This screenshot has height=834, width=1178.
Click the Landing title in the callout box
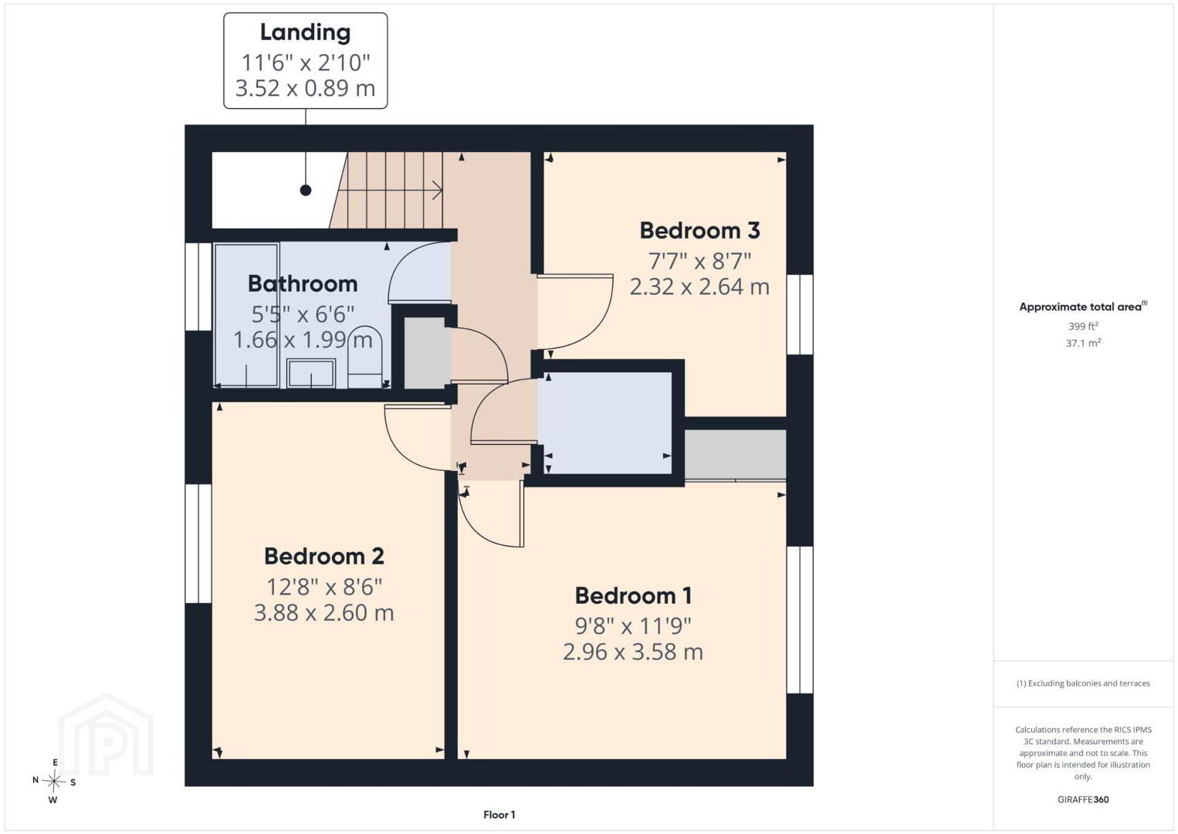305,32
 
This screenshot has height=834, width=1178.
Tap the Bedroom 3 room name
699,230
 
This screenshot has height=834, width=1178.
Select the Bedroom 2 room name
324,556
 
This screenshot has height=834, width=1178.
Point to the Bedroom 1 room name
633,595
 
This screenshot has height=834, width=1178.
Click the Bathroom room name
303,283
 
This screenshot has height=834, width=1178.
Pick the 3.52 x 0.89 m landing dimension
305,88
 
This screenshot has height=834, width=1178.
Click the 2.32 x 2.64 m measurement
699,286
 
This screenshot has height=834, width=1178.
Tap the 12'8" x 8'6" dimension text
324,587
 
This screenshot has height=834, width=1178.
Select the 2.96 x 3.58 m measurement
633,652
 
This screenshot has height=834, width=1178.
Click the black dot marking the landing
306,190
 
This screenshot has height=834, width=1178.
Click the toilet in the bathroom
365,357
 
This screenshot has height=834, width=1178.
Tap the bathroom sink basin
311,373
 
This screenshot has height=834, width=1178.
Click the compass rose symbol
53,781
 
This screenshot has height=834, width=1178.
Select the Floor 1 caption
499,815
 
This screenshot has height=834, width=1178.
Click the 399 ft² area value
1083,326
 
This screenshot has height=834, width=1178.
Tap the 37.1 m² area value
1083,343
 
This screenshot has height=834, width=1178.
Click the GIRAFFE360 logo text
1083,799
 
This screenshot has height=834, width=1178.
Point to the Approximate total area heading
1083,307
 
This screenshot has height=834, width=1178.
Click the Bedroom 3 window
800,314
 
